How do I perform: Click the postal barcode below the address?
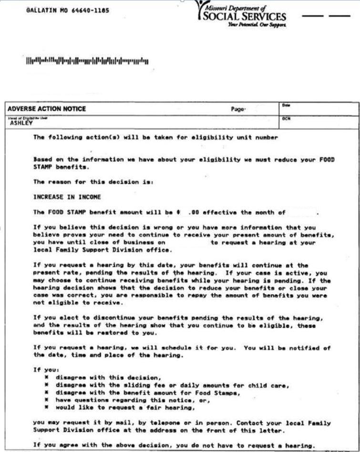[87, 61]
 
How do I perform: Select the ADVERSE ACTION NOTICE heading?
[47, 109]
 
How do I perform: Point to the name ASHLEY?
[21, 123]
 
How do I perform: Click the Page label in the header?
[238, 109]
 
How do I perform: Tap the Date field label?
[286, 105]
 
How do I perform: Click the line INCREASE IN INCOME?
[67, 197]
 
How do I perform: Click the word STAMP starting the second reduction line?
[43, 167]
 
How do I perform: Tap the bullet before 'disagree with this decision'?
[46, 378]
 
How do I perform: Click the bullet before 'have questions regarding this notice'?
[46, 400]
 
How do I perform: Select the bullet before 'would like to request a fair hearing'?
[46, 408]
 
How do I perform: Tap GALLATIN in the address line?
[41, 10]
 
